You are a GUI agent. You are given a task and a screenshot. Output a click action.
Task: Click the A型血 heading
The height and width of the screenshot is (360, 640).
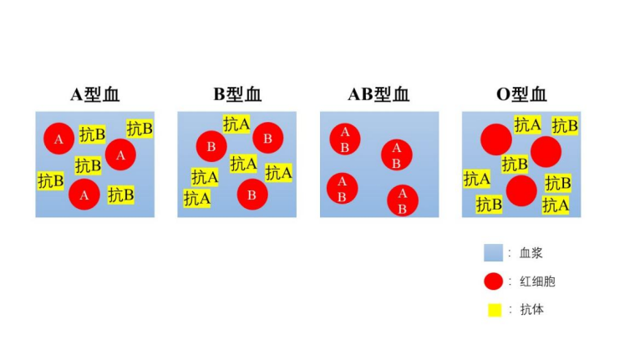click(x=95, y=94)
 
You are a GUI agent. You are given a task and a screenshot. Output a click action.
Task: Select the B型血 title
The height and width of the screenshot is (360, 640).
click(x=237, y=94)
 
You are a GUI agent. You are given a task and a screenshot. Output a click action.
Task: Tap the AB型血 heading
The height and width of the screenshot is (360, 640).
click(x=378, y=94)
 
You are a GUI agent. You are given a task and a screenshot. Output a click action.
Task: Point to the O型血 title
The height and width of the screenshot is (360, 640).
click(x=521, y=94)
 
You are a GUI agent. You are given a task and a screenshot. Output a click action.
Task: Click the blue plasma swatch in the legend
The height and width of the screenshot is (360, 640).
click(x=493, y=252)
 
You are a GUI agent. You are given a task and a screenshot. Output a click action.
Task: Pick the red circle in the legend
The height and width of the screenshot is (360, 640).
click(x=493, y=281)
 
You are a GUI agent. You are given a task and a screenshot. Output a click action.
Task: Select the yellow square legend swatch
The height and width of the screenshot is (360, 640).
click(x=495, y=310)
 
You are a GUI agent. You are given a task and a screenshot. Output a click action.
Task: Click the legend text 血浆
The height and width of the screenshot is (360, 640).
click(x=531, y=253)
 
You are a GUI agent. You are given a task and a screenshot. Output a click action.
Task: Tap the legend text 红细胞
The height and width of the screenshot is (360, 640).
click(x=537, y=281)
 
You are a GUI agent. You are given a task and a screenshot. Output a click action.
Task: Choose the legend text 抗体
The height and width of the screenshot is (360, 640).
click(x=531, y=309)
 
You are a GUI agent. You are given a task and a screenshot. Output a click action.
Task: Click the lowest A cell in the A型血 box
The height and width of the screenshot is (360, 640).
click(x=84, y=195)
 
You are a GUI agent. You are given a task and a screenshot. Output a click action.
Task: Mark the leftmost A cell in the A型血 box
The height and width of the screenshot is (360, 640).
click(x=58, y=139)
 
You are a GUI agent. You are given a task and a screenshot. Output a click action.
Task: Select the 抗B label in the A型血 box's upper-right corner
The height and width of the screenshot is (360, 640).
click(x=140, y=129)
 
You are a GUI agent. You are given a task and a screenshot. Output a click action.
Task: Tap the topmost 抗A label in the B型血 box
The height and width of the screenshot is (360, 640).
click(x=236, y=124)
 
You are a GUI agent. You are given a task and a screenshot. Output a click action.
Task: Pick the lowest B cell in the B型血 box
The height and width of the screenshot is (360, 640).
click(x=252, y=195)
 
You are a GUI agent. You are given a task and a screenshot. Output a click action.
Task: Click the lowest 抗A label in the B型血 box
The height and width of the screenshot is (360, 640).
click(x=196, y=199)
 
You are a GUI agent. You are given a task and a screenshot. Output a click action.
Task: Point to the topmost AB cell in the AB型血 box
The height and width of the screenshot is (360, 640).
click(x=345, y=139)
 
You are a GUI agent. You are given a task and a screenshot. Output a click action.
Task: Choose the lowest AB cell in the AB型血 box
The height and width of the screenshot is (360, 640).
click(x=403, y=200)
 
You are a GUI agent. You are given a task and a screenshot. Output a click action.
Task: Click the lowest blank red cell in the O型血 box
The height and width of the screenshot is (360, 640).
click(x=521, y=191)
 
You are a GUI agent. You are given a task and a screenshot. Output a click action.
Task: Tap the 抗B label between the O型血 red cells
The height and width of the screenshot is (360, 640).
click(x=515, y=165)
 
